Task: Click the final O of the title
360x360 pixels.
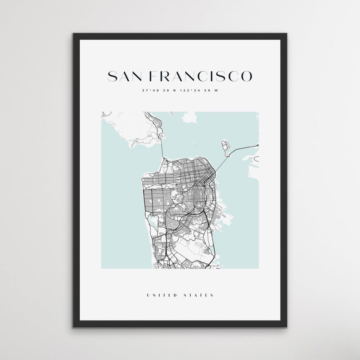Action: pyautogui.click(x=247, y=76)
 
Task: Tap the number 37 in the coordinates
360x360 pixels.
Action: pyautogui.click(x=144, y=91)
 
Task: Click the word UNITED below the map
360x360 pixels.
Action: pyautogui.click(x=161, y=296)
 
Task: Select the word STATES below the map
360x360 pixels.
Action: pyautogui.click(x=199, y=296)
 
